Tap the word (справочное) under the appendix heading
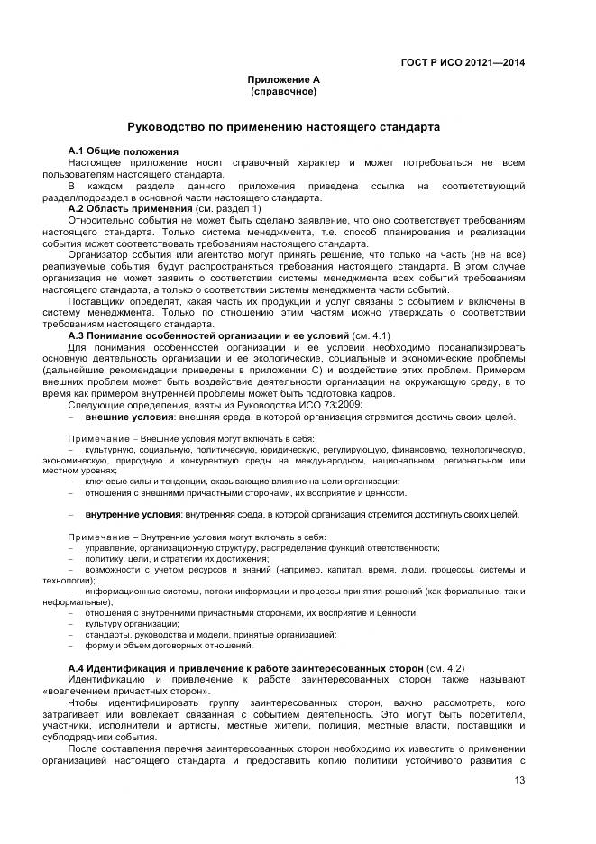284,92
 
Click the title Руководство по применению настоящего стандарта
284,129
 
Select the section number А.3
78,335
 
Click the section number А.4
78,667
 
